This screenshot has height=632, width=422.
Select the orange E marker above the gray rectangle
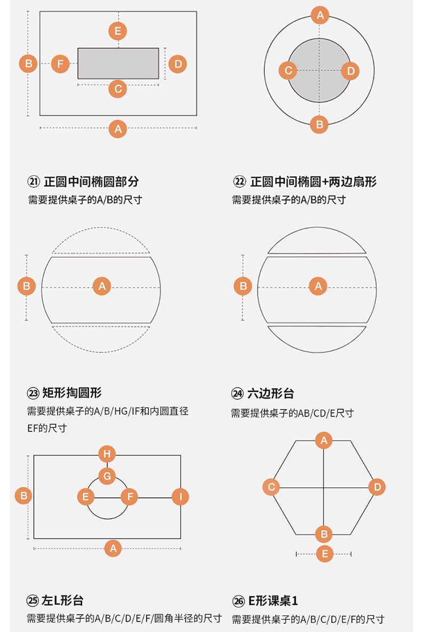tap(118, 30)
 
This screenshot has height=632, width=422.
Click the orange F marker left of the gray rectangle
tap(60, 64)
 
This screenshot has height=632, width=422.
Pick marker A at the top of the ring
tap(319, 15)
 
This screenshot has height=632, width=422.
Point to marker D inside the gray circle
tap(350, 70)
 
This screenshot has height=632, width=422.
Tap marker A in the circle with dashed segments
tap(101, 286)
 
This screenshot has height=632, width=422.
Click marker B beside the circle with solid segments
tap(243, 286)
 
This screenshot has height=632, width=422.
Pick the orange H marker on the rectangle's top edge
tap(107, 454)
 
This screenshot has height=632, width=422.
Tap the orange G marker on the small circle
tap(107, 476)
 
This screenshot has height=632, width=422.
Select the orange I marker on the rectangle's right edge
tap(180, 497)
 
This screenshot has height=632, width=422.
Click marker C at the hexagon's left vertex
tap(271, 487)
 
